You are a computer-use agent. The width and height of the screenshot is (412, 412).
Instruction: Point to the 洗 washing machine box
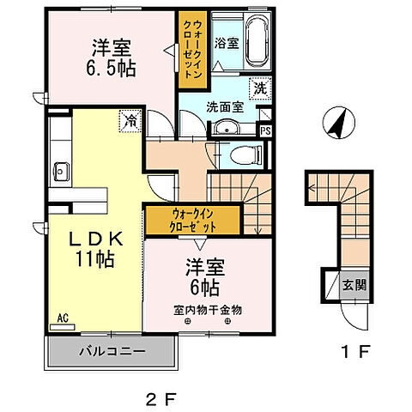259,88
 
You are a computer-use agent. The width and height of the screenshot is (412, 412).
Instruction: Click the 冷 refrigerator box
129,120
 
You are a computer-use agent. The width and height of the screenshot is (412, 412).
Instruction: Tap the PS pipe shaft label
265,131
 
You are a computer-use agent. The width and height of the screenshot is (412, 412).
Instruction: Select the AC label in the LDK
63,317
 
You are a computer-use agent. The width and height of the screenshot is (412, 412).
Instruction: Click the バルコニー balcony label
112,351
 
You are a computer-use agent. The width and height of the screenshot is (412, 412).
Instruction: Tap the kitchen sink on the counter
61,168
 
